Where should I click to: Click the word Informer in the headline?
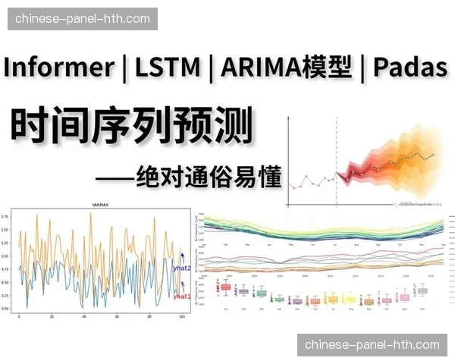click(x=58, y=67)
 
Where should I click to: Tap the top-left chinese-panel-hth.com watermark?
click(x=82, y=18)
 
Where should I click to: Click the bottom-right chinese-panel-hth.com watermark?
click(x=372, y=345)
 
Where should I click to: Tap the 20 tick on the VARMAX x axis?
click(x=51, y=316)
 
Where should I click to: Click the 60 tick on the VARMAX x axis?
click(x=116, y=316)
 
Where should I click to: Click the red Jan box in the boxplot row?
click(x=225, y=287)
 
